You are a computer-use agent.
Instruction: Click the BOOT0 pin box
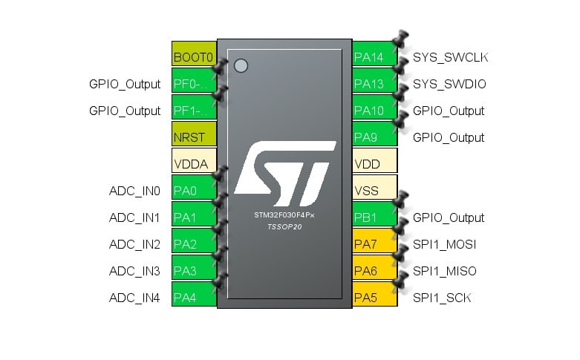pos(194,57)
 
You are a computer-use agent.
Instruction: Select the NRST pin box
pos(194,137)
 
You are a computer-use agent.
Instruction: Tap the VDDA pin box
pos(194,164)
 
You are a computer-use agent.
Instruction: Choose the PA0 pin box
pos(194,191)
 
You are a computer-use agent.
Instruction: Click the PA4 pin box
pos(194,298)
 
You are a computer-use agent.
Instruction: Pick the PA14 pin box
pos(374,57)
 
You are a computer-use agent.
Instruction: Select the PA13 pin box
pos(374,84)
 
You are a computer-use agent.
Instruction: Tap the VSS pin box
pos(374,191)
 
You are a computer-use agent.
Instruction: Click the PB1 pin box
pos(374,217)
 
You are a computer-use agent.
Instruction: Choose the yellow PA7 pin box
pos(374,244)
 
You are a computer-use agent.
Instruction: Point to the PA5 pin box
pos(374,298)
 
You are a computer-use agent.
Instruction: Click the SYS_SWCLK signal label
pos(450,57)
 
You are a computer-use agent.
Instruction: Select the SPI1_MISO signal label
pos(444,271)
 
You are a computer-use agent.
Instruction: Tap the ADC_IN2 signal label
pos(134,244)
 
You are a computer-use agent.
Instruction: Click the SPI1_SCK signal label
pos(442,298)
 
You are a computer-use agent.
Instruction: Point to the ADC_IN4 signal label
pos(134,298)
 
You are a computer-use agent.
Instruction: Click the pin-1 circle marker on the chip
pos(240,65)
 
